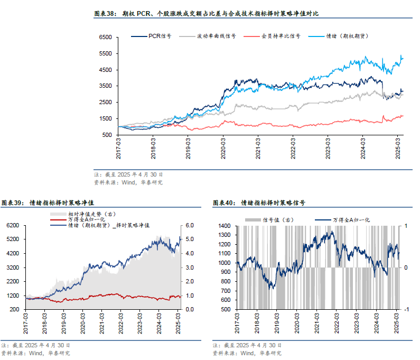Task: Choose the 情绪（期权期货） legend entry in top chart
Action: [x=347, y=36]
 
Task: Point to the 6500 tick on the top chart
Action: [x=105, y=38]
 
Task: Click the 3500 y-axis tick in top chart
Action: [x=105, y=86]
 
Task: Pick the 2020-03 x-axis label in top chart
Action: [x=223, y=146]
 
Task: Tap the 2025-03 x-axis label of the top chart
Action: [x=399, y=146]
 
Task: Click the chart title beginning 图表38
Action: [x=206, y=13]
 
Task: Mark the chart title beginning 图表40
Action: [x=259, y=202]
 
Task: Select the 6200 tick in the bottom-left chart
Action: [x=12, y=226]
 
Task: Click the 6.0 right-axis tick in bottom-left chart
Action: [x=190, y=226]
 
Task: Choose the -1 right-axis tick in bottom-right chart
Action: [x=406, y=309]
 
